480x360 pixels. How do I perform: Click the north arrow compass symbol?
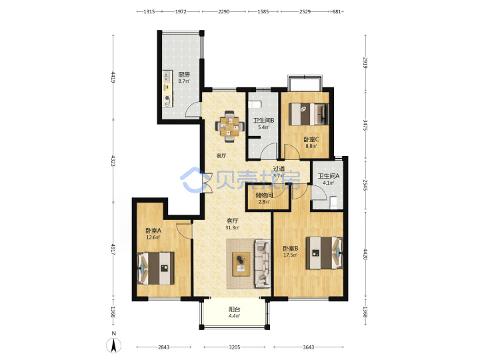point(113,345)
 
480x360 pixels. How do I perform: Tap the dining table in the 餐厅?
point(229,126)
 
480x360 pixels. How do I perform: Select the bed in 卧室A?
point(156,268)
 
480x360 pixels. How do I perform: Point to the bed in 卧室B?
point(324,253)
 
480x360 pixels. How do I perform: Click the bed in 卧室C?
point(309,114)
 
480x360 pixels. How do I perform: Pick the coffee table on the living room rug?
point(241,263)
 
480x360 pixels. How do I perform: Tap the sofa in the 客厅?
point(263,263)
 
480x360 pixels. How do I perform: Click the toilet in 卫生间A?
point(333,203)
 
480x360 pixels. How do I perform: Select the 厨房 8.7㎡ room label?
point(184,77)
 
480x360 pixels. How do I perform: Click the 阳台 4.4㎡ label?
point(235,312)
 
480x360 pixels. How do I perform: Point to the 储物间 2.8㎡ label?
point(264,199)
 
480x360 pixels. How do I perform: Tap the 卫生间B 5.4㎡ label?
point(263,124)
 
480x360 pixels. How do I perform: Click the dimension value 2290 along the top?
point(224,11)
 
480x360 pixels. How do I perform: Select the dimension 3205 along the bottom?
point(235,347)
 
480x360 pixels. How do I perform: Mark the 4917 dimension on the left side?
point(113,249)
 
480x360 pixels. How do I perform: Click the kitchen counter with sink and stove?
point(167,89)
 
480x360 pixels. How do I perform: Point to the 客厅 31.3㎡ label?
point(233,224)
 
